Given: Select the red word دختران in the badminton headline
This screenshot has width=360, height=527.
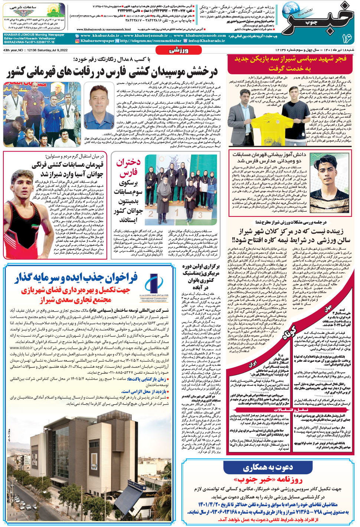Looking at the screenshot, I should [128, 163].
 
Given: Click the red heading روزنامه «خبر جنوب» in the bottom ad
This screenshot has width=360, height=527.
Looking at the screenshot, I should [270, 480].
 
